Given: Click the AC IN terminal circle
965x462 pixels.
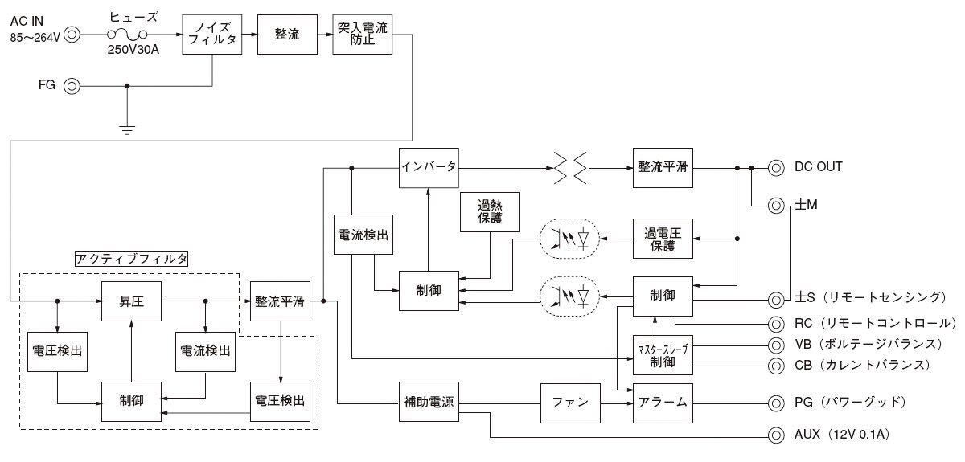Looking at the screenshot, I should click(73, 35).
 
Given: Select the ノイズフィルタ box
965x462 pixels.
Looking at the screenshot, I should click(211, 35).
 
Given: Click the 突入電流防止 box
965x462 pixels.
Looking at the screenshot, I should click(363, 35).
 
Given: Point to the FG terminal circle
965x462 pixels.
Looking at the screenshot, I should click(73, 85).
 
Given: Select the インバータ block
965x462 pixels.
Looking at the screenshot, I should click(429, 168).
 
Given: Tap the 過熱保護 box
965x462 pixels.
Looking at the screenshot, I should click(490, 212).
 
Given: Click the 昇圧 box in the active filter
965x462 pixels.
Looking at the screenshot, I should click(130, 302).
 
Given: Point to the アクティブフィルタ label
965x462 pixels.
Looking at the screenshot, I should click(131, 259).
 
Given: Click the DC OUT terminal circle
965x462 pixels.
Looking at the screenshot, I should click(776, 168).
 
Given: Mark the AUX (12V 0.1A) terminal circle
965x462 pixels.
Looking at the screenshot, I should click(776, 435).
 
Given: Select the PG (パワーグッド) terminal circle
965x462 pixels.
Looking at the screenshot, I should click(776, 402).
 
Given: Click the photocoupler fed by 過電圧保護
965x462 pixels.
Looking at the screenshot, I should click(570, 239).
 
